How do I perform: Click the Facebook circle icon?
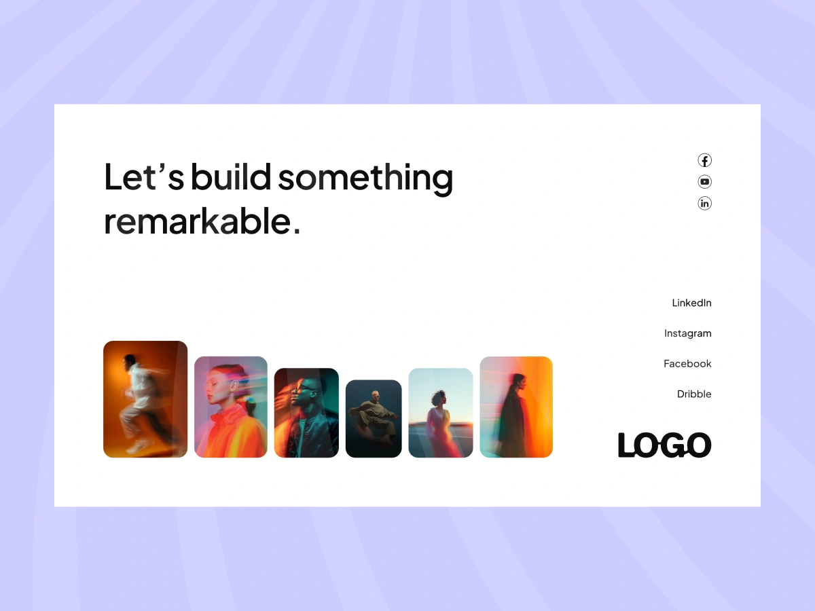(x=704, y=160)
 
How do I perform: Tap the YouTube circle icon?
(x=704, y=182)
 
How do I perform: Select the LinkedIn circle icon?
(x=704, y=203)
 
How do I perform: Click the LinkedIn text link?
(x=691, y=303)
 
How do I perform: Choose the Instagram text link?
(x=687, y=333)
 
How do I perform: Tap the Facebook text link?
(x=687, y=364)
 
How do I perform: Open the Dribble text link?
(x=694, y=394)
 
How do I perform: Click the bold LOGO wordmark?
(x=665, y=445)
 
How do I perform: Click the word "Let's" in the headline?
(x=144, y=177)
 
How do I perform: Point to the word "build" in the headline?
(x=231, y=177)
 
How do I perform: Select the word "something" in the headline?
(x=365, y=179)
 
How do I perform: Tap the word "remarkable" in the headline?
(x=197, y=221)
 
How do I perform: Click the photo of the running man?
(x=145, y=399)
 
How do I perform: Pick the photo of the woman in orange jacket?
(x=230, y=407)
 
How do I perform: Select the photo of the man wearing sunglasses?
(x=306, y=413)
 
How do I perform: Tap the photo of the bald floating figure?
(x=374, y=419)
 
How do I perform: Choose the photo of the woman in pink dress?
(x=441, y=413)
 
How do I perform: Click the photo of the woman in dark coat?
(x=516, y=407)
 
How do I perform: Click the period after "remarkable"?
(x=296, y=232)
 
